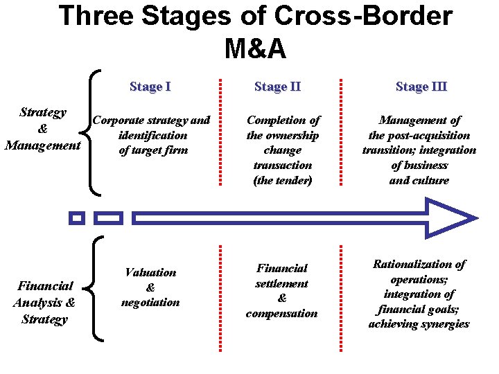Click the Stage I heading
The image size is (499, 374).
tap(150, 87)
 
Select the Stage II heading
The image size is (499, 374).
tap(277, 87)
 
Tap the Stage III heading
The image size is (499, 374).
tap(421, 87)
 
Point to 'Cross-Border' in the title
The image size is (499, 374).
tap(348, 16)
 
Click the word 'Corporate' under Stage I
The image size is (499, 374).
tap(120, 120)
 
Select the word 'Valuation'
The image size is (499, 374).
tap(150, 272)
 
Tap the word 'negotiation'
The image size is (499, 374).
tap(150, 302)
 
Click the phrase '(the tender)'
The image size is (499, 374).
tap(283, 180)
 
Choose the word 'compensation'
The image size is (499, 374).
tap(282, 313)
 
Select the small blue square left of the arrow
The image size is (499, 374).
tap(77, 218)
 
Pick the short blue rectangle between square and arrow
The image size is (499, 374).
tap(108, 218)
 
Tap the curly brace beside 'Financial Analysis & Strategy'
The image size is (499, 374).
tap(96, 289)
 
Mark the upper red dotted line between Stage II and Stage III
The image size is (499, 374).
tap(342, 131)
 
